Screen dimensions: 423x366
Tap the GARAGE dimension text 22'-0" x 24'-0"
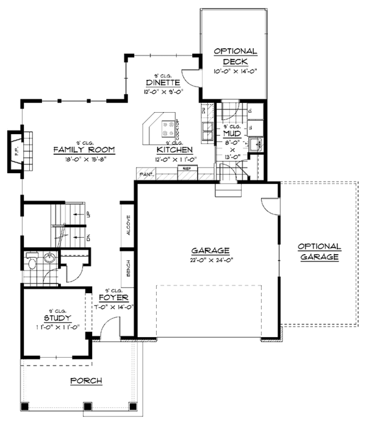coord(210,260)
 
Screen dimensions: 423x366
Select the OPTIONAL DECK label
coord(235,57)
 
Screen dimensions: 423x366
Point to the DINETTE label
coord(162,83)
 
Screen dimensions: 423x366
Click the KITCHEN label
coord(174,149)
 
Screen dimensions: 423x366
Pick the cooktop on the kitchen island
coord(167,128)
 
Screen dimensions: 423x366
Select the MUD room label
coord(231,133)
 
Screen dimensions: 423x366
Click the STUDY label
coord(57,318)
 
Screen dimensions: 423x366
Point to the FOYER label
coord(113,298)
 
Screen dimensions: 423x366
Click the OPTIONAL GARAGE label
coord(318,252)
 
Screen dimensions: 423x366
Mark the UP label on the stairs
coord(88,215)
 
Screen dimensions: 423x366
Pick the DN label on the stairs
coord(88,237)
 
